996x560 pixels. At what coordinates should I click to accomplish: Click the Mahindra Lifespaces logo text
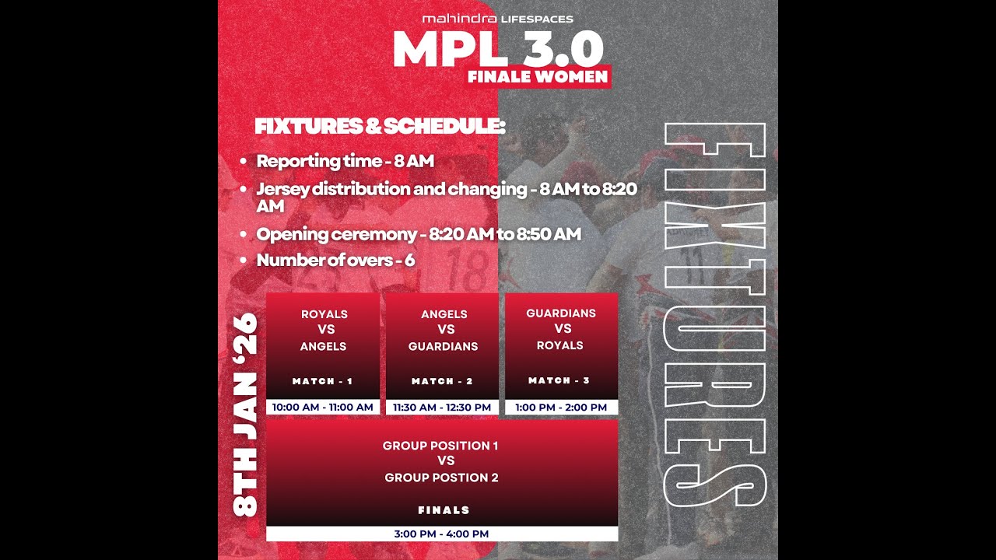[x=497, y=19]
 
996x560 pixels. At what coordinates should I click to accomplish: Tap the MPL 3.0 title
[x=498, y=49]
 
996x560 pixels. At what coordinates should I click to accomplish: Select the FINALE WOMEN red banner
[x=538, y=77]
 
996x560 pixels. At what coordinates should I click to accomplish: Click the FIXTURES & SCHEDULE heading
[x=380, y=126]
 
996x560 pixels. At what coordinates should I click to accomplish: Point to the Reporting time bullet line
[x=345, y=162]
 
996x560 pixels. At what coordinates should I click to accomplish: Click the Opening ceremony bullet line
[x=418, y=234]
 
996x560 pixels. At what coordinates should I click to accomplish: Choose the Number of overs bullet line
[x=335, y=260]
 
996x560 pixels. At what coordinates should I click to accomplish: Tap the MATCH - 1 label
[x=323, y=381]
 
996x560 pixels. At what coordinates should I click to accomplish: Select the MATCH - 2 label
[x=443, y=381]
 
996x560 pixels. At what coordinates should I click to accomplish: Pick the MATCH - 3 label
[x=560, y=380]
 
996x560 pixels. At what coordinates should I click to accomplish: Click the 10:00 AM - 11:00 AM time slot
[x=323, y=407]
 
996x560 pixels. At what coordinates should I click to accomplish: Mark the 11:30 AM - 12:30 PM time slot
[x=443, y=407]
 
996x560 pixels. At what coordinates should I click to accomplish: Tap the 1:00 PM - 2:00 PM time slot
[x=561, y=407]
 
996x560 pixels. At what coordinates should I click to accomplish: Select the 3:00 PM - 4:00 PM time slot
[x=441, y=534]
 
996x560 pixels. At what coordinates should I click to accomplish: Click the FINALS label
[x=444, y=510]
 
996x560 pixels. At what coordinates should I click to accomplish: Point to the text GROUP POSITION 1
[x=440, y=446]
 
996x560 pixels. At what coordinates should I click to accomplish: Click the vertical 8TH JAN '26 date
[x=246, y=414]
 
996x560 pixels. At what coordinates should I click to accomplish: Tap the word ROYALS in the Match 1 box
[x=324, y=314]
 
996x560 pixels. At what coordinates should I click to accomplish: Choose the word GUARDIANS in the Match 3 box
[x=561, y=313]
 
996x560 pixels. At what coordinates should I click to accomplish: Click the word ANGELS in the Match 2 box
[x=444, y=314]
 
